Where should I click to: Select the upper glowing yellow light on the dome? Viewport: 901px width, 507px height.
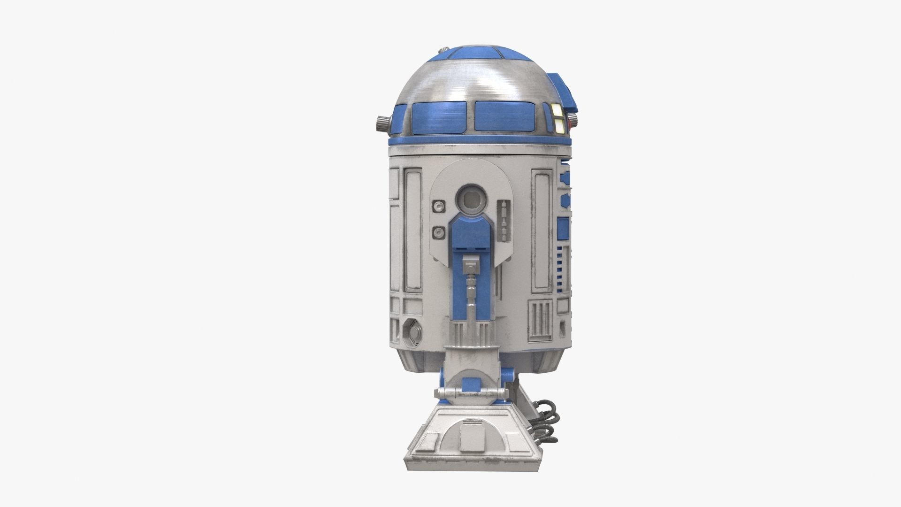click(x=558, y=109)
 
